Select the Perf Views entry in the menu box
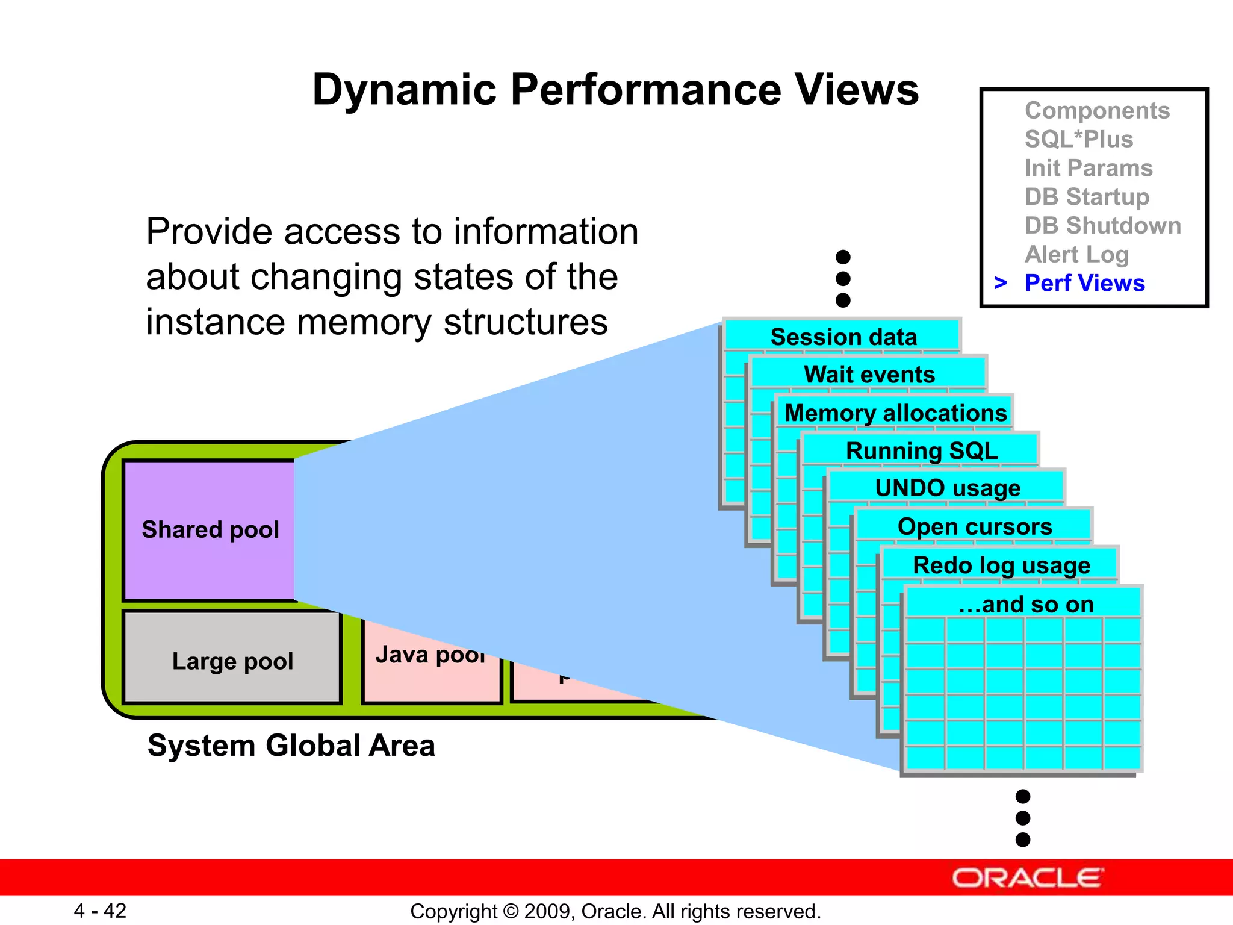tap(1084, 283)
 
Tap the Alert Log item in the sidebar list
tap(1076, 254)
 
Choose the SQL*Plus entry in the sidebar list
tap(1078, 139)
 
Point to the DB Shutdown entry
tap(1102, 225)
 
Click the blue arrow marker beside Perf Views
tap(1001, 282)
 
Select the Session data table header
tap(843, 337)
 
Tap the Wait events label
tap(869, 374)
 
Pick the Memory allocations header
tap(895, 413)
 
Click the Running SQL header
tap(921, 450)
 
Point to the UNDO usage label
tap(947, 488)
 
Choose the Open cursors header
tap(974, 526)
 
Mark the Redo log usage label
tap(1001, 565)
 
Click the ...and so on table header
tap(1025, 604)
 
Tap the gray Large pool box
tap(232, 661)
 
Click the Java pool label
tap(430, 655)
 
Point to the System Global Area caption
tap(291, 746)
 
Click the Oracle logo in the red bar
tap(1027, 878)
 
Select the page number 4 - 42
tap(100, 911)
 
